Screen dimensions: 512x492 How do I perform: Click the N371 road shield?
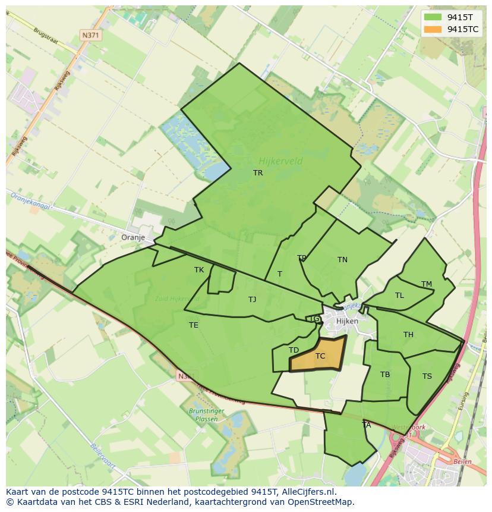(90, 35)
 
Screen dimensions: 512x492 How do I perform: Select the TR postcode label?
(258, 173)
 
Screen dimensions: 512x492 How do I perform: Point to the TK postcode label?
(199, 270)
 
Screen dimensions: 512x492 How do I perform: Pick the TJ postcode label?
(253, 300)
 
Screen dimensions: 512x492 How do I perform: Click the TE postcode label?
(194, 325)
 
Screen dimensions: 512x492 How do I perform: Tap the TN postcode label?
(342, 260)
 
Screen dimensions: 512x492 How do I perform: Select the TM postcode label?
(427, 284)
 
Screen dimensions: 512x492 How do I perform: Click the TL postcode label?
(399, 296)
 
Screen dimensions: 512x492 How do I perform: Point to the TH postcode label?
(408, 335)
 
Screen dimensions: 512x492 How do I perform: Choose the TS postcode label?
(427, 376)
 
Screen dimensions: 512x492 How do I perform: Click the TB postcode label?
(385, 375)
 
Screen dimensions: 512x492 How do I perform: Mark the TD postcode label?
(294, 350)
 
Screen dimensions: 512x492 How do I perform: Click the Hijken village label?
(347, 321)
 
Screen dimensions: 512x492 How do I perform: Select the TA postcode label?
(367, 425)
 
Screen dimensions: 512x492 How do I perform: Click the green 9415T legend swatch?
(433, 17)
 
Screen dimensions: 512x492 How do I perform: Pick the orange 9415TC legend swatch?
(433, 29)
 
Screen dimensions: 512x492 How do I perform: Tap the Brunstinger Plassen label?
(203, 414)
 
